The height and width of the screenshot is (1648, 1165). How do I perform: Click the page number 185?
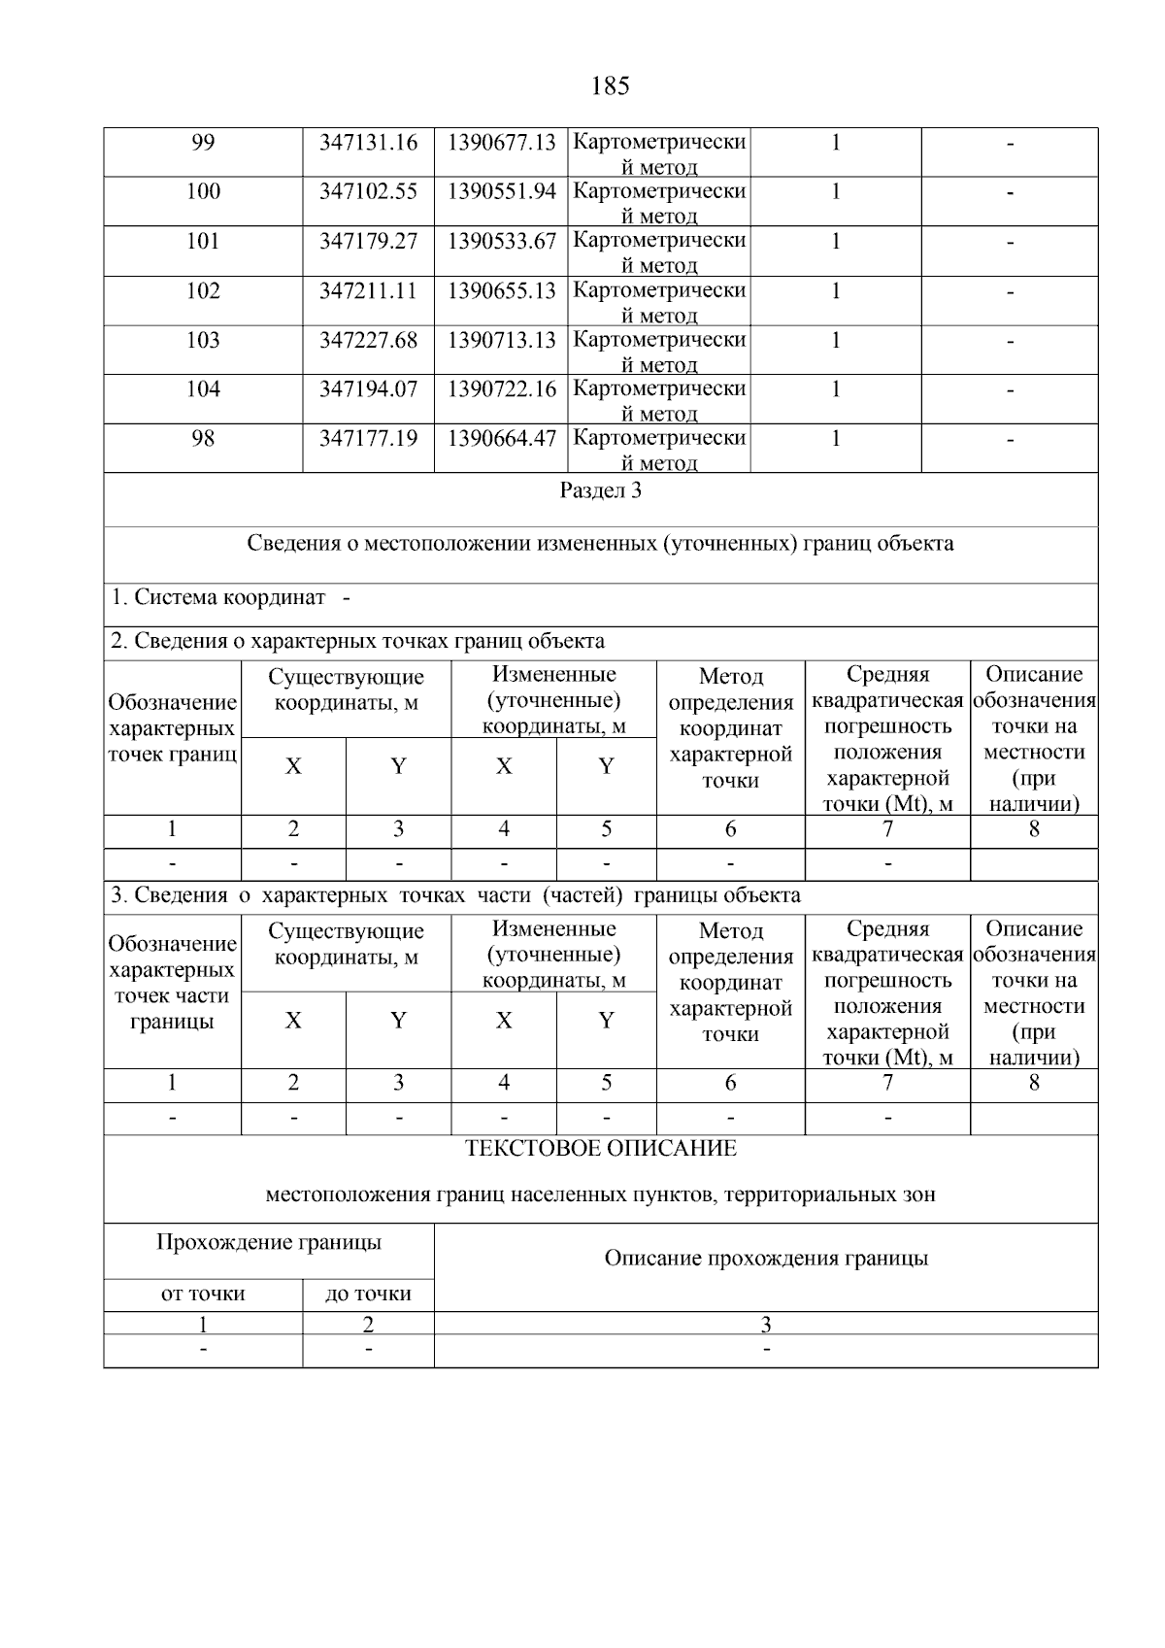click(x=610, y=86)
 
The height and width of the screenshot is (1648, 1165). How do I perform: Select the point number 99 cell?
click(x=203, y=143)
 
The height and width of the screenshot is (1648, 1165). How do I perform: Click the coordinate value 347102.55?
click(x=368, y=191)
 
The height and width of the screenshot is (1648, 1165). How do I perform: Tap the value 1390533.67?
click(x=501, y=241)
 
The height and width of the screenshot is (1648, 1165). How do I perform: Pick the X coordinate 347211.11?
click(x=368, y=290)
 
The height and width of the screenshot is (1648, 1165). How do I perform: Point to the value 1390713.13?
click(x=501, y=340)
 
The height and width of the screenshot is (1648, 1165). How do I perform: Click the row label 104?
click(x=203, y=389)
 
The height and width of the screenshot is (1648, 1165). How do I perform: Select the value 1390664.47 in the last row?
click(x=501, y=438)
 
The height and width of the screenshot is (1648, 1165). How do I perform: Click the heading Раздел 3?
click(x=600, y=490)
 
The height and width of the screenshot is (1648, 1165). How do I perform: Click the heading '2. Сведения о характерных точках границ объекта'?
click(x=357, y=641)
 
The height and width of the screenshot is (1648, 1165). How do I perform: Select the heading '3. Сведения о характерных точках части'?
click(x=455, y=895)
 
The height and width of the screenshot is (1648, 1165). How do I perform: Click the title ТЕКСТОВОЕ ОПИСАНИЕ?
click(x=600, y=1149)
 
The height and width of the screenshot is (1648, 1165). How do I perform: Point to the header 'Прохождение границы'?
click(x=269, y=1242)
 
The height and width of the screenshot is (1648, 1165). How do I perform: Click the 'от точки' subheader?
click(x=203, y=1294)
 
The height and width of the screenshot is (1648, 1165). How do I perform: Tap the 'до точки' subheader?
click(x=368, y=1294)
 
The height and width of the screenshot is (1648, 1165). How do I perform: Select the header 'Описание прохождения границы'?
click(x=766, y=1259)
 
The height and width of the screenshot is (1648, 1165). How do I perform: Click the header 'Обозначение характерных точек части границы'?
click(x=172, y=982)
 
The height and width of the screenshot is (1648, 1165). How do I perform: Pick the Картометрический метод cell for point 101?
click(x=659, y=251)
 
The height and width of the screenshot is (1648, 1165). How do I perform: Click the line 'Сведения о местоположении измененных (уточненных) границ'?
click(x=600, y=544)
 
